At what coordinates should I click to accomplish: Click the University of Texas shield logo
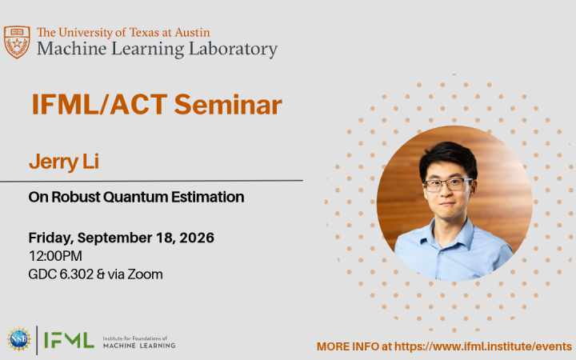pyautogui.click(x=17, y=42)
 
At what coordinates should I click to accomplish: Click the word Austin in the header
pyautogui.click(x=192, y=33)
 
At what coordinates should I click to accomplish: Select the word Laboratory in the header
pyautogui.click(x=233, y=50)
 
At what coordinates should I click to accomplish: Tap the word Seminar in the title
pyautogui.click(x=228, y=105)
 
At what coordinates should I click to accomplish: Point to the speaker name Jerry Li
pyautogui.click(x=64, y=162)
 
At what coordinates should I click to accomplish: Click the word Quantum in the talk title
pyautogui.click(x=137, y=198)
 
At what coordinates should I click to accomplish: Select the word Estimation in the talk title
pyautogui.click(x=207, y=197)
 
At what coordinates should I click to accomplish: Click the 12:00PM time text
pyautogui.click(x=55, y=256)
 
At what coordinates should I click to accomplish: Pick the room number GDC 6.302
pyautogui.click(x=61, y=274)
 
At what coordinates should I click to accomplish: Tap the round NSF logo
pyautogui.click(x=18, y=339)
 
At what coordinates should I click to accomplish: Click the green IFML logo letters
pyautogui.click(x=69, y=340)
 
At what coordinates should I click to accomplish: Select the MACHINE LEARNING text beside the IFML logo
pyautogui.click(x=139, y=346)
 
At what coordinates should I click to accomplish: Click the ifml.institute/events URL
pyautogui.click(x=483, y=346)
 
